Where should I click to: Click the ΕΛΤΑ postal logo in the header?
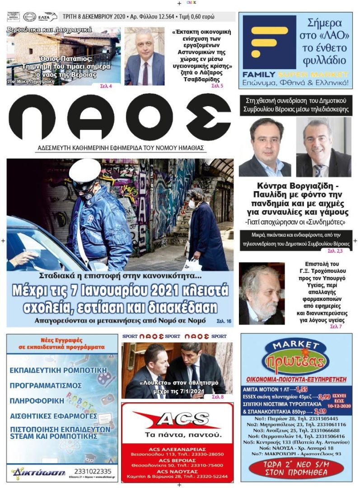tap(47, 17)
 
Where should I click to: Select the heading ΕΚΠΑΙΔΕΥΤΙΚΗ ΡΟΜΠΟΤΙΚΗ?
tap(58, 370)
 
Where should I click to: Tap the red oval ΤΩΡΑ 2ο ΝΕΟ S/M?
tap(296, 468)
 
